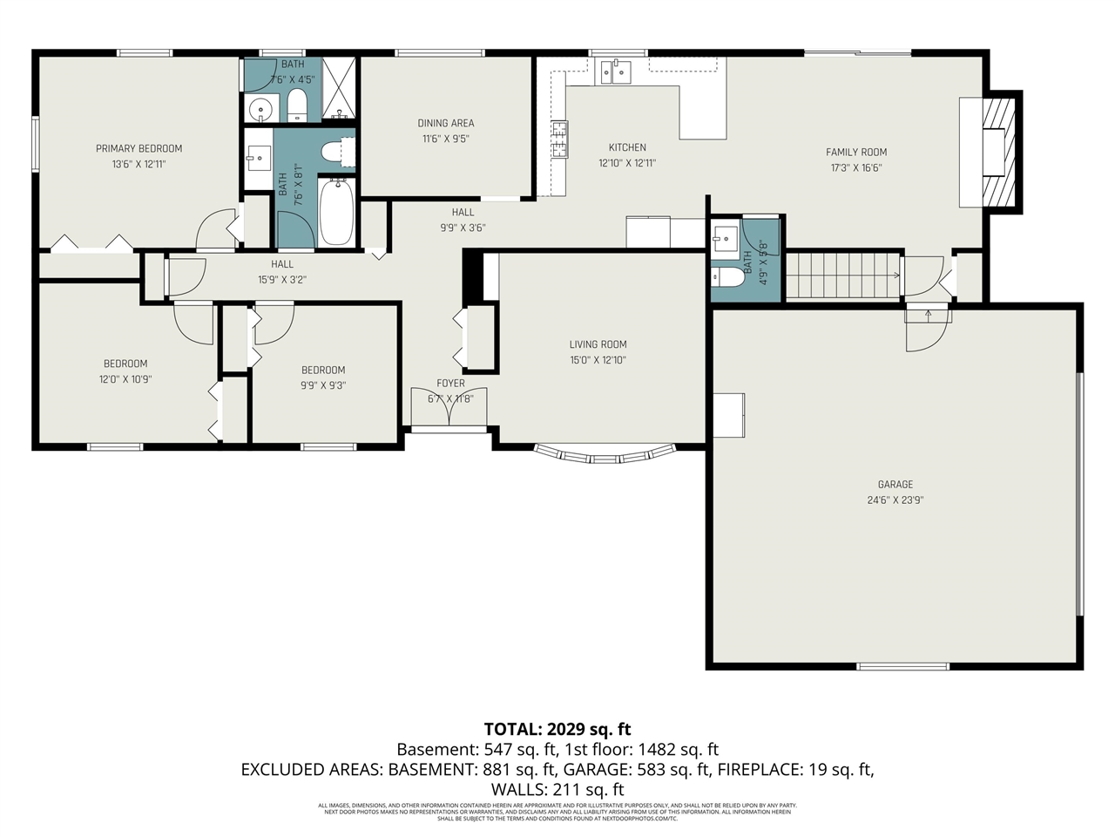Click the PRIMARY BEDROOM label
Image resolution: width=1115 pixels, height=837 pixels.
139,148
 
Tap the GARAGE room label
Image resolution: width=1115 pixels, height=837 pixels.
895,484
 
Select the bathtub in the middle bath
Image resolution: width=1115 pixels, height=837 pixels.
336,212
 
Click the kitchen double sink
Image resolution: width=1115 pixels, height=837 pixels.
616,71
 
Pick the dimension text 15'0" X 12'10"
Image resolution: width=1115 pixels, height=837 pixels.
598,360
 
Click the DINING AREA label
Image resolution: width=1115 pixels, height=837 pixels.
445,123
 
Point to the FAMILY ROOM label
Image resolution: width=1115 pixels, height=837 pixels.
855,152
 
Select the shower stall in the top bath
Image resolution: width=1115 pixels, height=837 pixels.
340,87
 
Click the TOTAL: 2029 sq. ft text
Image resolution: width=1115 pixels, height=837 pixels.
557,729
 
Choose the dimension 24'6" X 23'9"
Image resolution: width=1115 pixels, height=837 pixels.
895,500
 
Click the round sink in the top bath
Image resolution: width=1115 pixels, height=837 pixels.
260,109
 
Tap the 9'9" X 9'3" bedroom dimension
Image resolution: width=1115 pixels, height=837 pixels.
323,385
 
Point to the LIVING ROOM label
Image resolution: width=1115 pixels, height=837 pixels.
598,344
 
